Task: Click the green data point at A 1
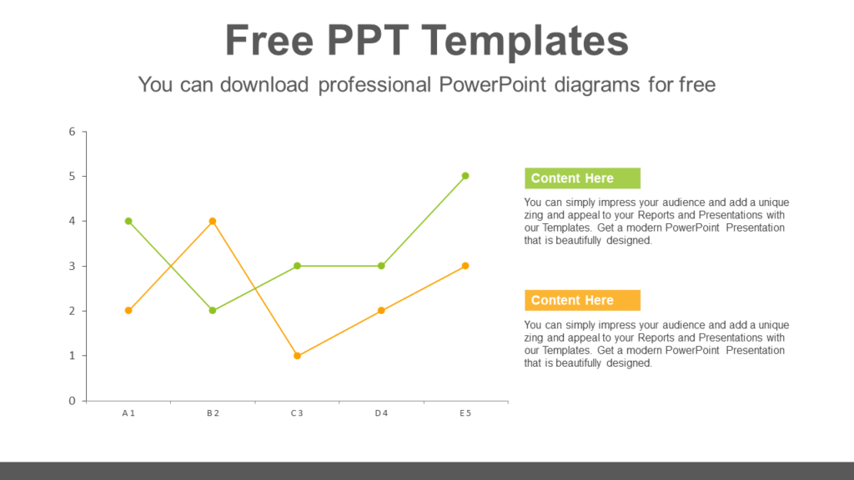[x=128, y=221]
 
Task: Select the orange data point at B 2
[x=213, y=221]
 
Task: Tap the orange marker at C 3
[x=297, y=356]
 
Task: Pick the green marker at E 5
[x=465, y=176]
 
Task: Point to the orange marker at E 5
[x=465, y=266]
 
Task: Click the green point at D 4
[x=381, y=266]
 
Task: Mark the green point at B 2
[x=213, y=311]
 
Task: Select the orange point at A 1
[x=128, y=311]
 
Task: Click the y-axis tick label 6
[x=73, y=132]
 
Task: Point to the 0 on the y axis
[x=73, y=401]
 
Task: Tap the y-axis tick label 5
[x=73, y=176]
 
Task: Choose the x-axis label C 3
[x=297, y=413]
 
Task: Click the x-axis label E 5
[x=465, y=413]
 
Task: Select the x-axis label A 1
[x=128, y=413]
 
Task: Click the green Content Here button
[x=582, y=178]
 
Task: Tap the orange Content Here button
[x=582, y=300]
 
